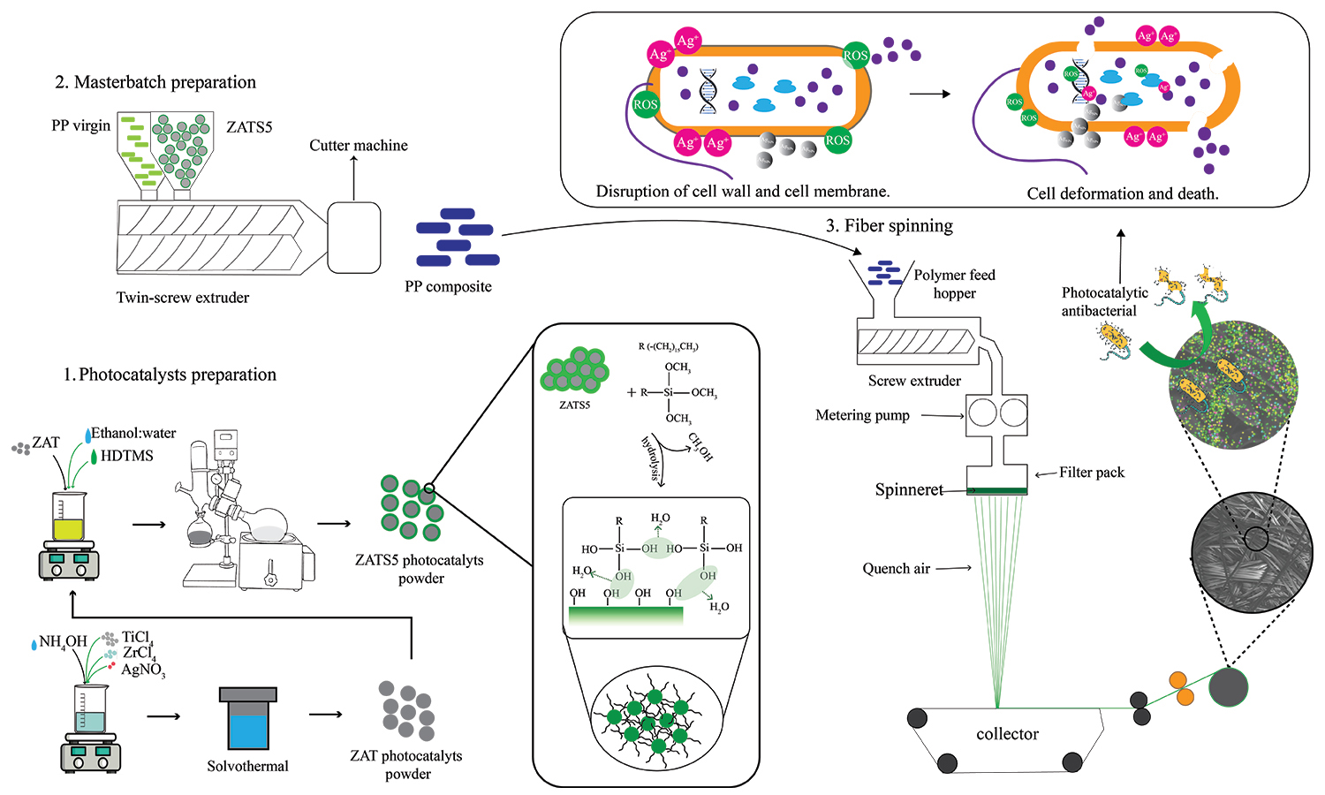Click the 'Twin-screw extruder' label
tap(183, 298)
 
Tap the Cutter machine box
tap(353, 237)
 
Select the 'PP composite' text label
tap(448, 286)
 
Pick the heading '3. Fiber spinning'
tap(890, 226)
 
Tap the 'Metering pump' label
tap(862, 415)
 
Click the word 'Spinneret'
tap(909, 489)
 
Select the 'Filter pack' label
tap(1092, 473)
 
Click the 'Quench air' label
tap(896, 569)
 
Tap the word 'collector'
tap(1007, 734)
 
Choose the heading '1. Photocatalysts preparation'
tap(170, 375)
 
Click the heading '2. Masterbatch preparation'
tap(155, 82)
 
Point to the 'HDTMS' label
tap(127, 456)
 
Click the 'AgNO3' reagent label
tap(143, 670)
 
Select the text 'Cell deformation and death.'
tap(1122, 193)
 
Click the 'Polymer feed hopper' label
tap(954, 284)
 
